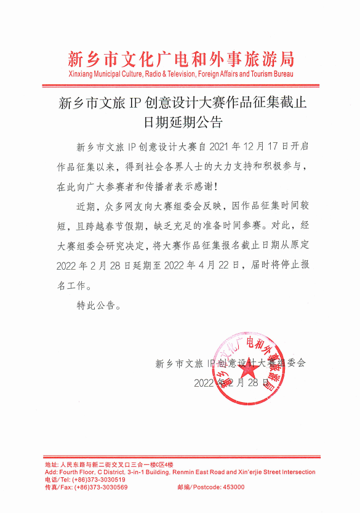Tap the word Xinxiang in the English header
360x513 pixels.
tap(82, 74)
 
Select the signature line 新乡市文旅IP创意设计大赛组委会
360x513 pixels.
tap(231, 363)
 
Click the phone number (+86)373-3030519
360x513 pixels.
tap(96, 480)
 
